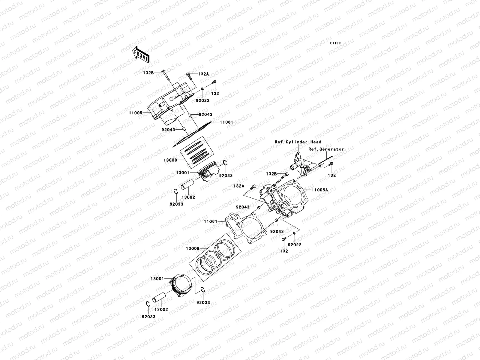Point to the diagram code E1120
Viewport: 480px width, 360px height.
(335, 43)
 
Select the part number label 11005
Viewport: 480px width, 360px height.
(136, 113)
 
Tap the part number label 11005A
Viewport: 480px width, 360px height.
(319, 190)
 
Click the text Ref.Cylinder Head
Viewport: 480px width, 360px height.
(298, 142)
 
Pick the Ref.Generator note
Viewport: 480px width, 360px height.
(326, 149)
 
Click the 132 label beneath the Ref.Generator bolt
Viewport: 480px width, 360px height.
(332, 175)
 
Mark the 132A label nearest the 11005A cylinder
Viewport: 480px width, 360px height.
(239, 186)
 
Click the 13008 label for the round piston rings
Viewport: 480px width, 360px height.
(192, 248)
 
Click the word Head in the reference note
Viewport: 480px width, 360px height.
(316, 142)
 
